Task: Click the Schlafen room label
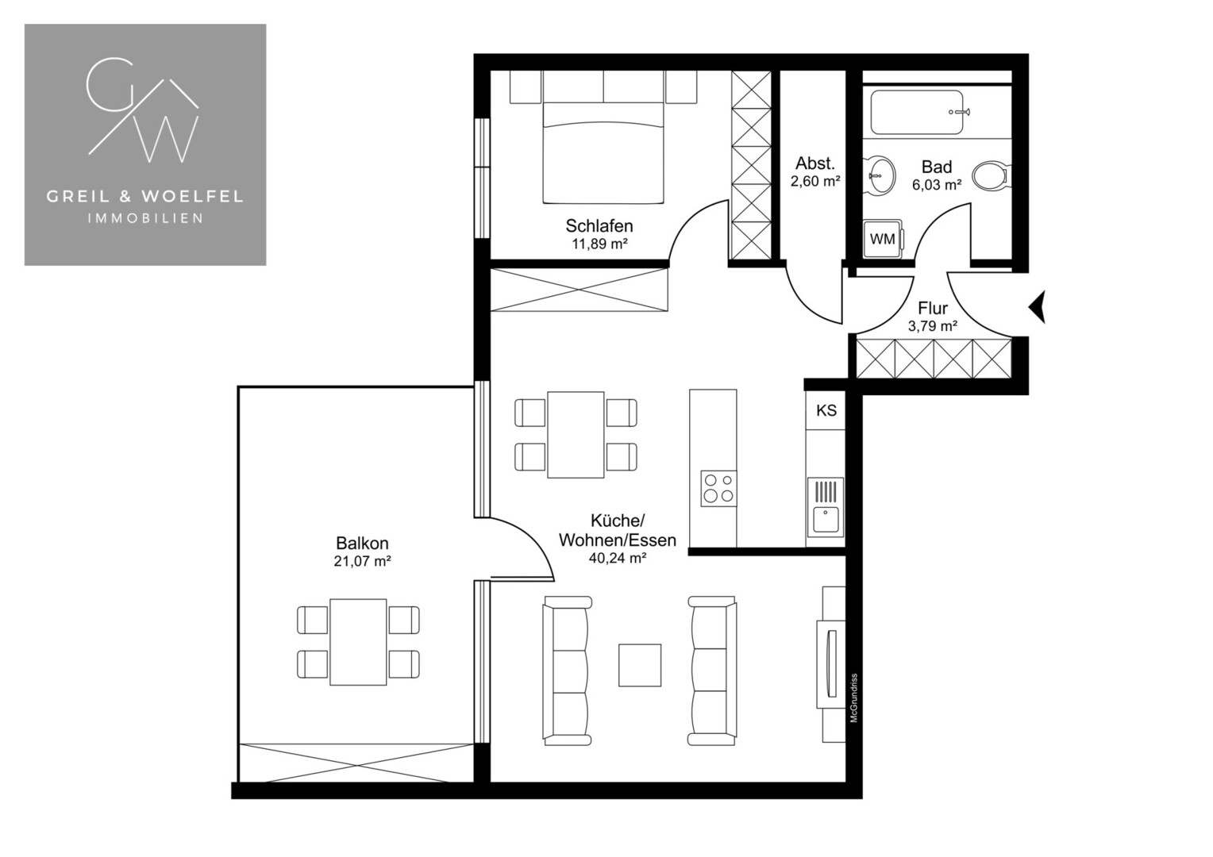click(x=599, y=225)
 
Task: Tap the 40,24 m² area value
click(x=618, y=558)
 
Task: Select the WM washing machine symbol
click(x=883, y=239)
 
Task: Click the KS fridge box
click(x=826, y=410)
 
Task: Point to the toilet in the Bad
click(x=989, y=175)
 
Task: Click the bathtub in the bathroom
click(x=917, y=112)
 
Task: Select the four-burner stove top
click(x=718, y=488)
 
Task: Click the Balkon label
click(x=362, y=543)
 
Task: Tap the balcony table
click(x=358, y=642)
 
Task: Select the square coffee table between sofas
click(x=640, y=665)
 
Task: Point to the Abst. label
click(x=815, y=163)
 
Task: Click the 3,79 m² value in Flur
click(x=933, y=326)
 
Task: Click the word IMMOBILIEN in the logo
click(x=145, y=218)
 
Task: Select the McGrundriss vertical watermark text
click(x=854, y=698)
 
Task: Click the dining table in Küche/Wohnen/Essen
click(x=576, y=435)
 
